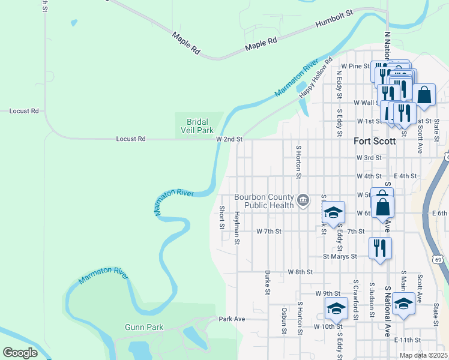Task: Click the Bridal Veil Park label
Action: point(197,126)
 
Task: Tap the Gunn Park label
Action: point(140,327)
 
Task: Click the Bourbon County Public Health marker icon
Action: point(304,200)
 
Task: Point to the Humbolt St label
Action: point(334,20)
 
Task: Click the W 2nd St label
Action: point(229,139)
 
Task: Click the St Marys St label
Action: point(340,256)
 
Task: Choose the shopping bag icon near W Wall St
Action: point(424,95)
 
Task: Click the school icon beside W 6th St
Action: point(334,212)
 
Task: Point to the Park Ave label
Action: point(232,319)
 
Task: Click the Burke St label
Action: point(267,282)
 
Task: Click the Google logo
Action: point(20,353)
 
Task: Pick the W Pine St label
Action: point(355,66)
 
